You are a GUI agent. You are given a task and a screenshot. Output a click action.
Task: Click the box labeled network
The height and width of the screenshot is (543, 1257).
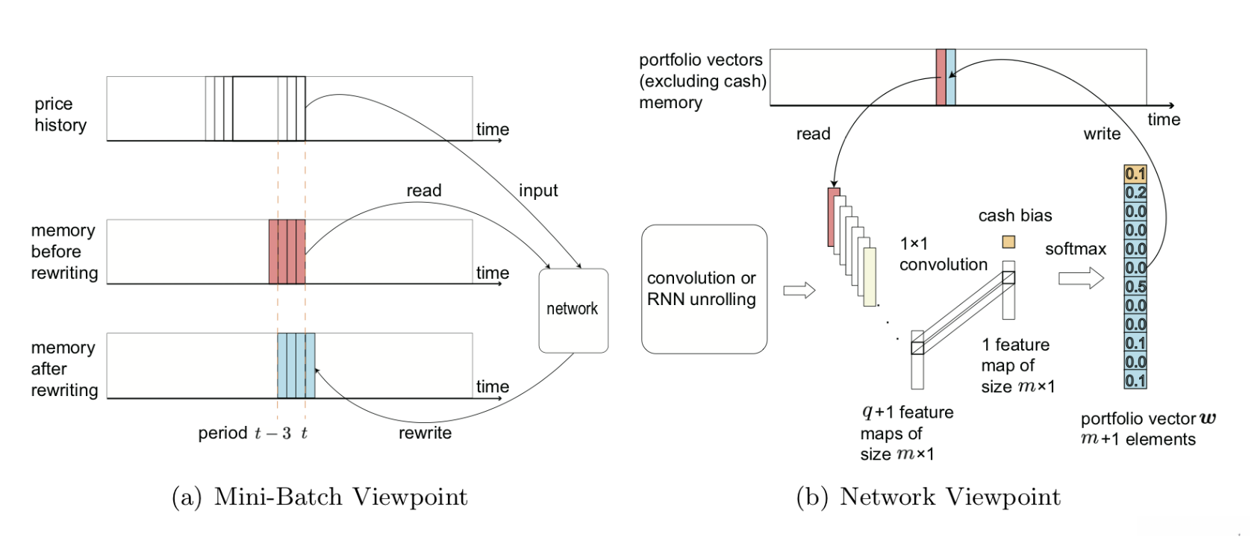[x=573, y=310]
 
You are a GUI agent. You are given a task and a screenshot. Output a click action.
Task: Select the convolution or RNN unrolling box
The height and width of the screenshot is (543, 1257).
[x=703, y=289]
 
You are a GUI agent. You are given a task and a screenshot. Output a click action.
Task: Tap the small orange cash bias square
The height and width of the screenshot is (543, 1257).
[x=1008, y=242]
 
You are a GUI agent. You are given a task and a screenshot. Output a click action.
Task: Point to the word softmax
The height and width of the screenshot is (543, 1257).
[x=1075, y=249]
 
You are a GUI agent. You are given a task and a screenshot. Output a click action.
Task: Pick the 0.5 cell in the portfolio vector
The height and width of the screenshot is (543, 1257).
[x=1135, y=287]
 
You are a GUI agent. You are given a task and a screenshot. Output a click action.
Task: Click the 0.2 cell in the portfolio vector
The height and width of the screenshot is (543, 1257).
[x=1135, y=192]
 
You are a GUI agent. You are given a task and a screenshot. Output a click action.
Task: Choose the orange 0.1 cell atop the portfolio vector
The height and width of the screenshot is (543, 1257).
[x=1135, y=174]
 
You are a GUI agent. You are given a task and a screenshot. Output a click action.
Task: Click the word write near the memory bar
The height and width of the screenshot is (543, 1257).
[x=1102, y=134]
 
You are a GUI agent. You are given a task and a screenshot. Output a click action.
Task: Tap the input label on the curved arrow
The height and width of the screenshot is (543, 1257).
[x=538, y=191]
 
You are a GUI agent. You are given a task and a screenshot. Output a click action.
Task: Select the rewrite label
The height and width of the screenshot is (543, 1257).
[x=425, y=433]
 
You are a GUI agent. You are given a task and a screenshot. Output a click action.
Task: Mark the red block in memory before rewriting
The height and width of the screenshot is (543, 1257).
[x=287, y=251]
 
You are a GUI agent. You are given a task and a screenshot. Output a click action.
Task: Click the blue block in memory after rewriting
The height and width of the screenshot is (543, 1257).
[x=296, y=365]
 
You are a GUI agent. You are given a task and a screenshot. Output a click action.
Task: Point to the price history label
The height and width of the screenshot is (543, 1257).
[x=60, y=114]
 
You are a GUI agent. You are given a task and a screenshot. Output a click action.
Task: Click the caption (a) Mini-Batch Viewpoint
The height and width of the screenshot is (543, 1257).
[x=319, y=497]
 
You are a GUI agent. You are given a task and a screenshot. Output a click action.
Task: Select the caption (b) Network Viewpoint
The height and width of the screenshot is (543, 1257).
[x=928, y=497]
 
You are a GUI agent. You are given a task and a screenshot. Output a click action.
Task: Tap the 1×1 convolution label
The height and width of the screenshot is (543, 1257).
[x=943, y=254]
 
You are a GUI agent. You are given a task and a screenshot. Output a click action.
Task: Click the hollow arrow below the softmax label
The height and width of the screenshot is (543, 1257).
[x=1080, y=279]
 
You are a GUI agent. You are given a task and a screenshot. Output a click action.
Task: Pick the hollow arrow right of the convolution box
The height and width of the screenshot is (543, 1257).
[x=799, y=290]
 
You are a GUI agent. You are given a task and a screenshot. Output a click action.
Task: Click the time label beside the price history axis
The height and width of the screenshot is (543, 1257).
[x=493, y=129]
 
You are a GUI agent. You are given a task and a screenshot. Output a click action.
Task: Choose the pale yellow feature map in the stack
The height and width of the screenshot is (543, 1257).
[x=870, y=277]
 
